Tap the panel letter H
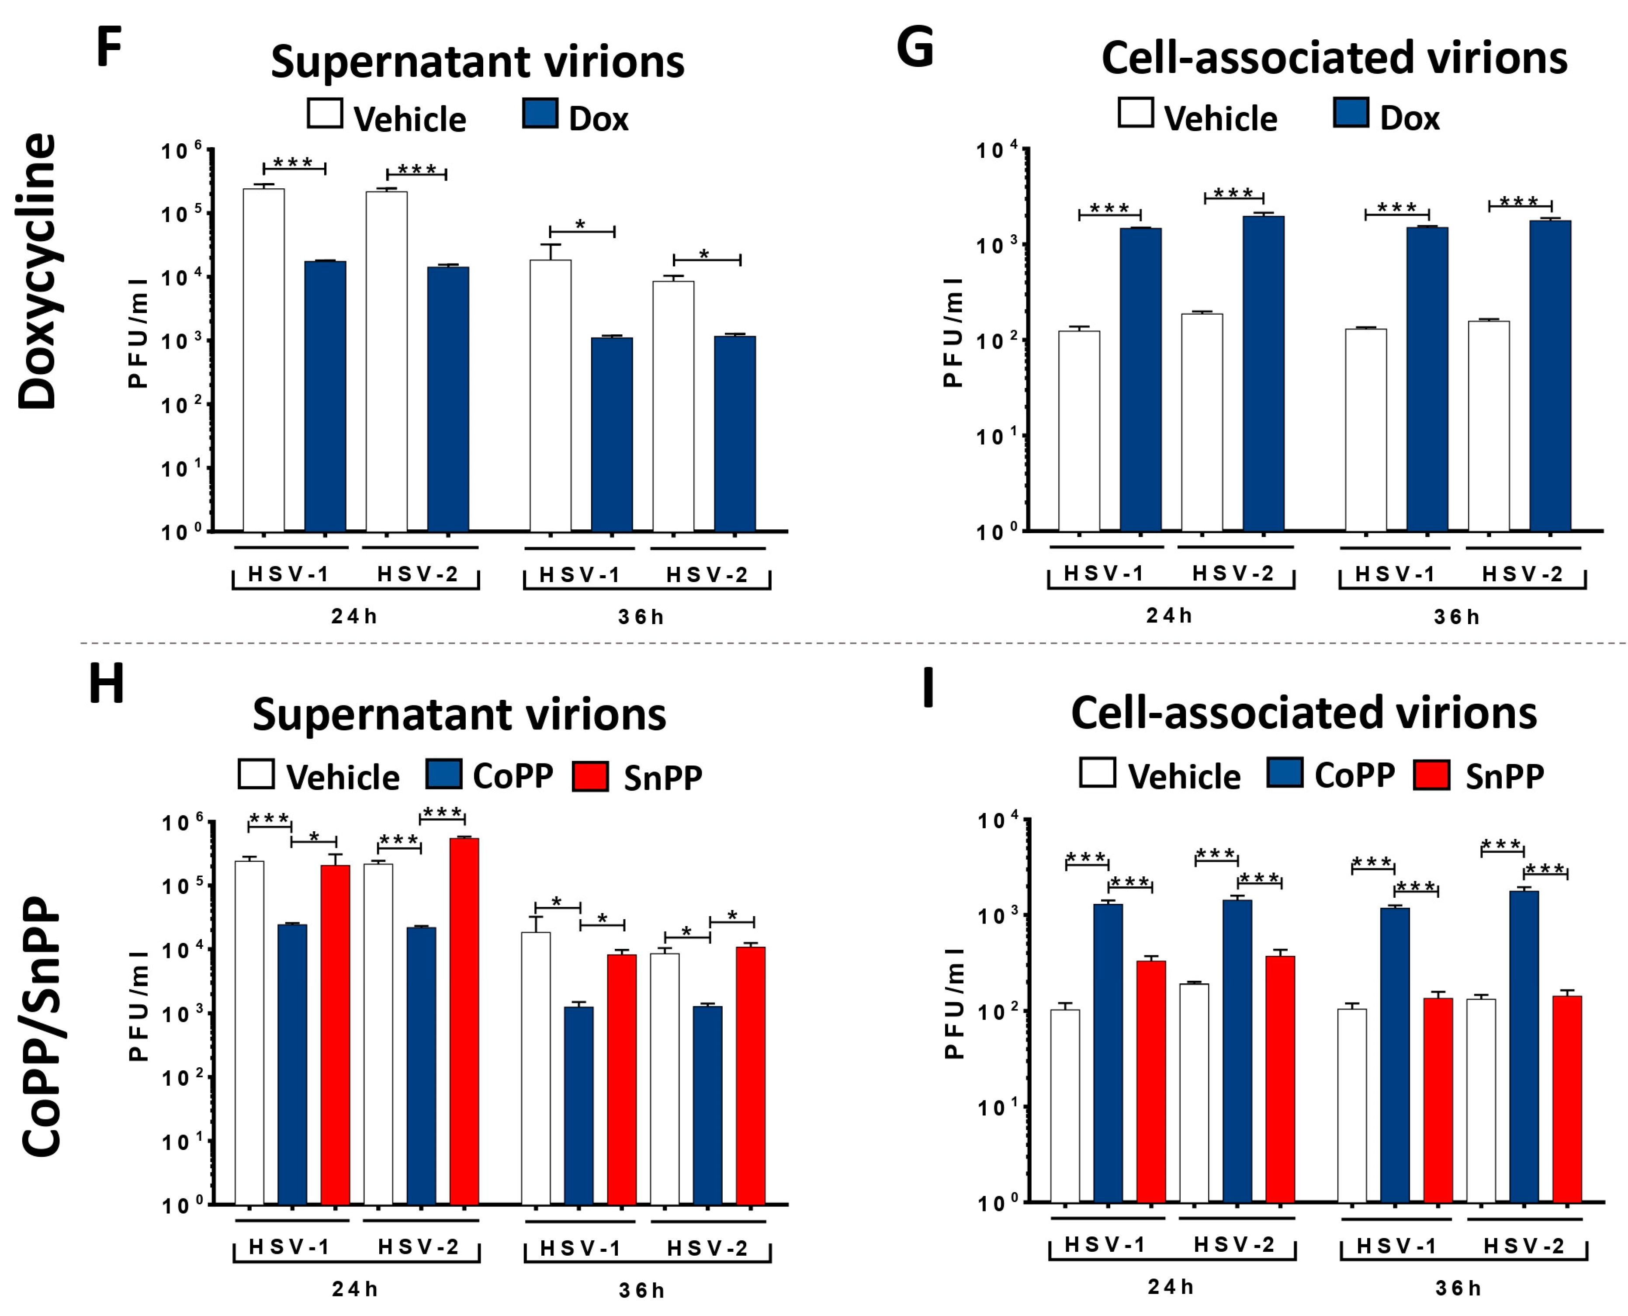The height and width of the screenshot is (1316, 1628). pos(106,684)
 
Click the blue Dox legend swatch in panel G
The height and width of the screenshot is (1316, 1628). pos(1351,113)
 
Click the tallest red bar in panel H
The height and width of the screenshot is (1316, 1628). pos(464,1021)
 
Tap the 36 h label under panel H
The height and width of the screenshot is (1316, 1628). pos(641,1290)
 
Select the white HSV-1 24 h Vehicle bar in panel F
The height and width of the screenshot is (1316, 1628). pos(264,360)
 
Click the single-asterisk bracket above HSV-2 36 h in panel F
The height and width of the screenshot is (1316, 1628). pos(707,258)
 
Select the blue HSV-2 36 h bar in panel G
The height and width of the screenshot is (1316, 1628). pos(1550,375)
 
